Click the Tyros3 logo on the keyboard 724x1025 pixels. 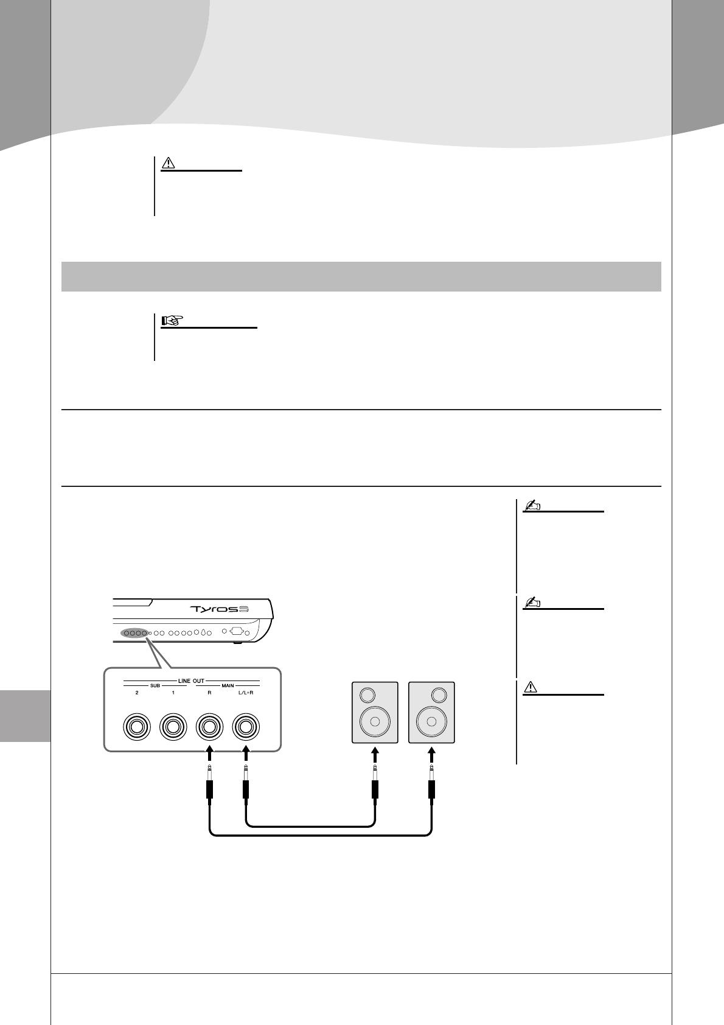click(x=221, y=609)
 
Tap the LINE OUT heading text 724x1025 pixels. click(x=191, y=680)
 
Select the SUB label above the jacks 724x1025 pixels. click(x=155, y=686)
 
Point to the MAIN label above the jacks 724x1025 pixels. click(x=228, y=686)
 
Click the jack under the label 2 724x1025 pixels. click(x=137, y=726)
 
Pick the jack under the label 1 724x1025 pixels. click(x=173, y=726)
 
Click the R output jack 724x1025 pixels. click(x=209, y=726)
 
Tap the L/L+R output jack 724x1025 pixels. click(x=246, y=726)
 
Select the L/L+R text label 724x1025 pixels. click(x=246, y=693)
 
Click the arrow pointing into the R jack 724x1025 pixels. click(x=209, y=755)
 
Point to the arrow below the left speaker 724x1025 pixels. click(x=375, y=755)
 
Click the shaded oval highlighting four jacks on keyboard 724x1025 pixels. click(x=134, y=633)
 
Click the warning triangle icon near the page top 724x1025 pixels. click(x=169, y=164)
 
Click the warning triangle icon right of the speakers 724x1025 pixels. click(x=530, y=687)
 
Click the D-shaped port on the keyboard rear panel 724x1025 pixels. click(x=237, y=631)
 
